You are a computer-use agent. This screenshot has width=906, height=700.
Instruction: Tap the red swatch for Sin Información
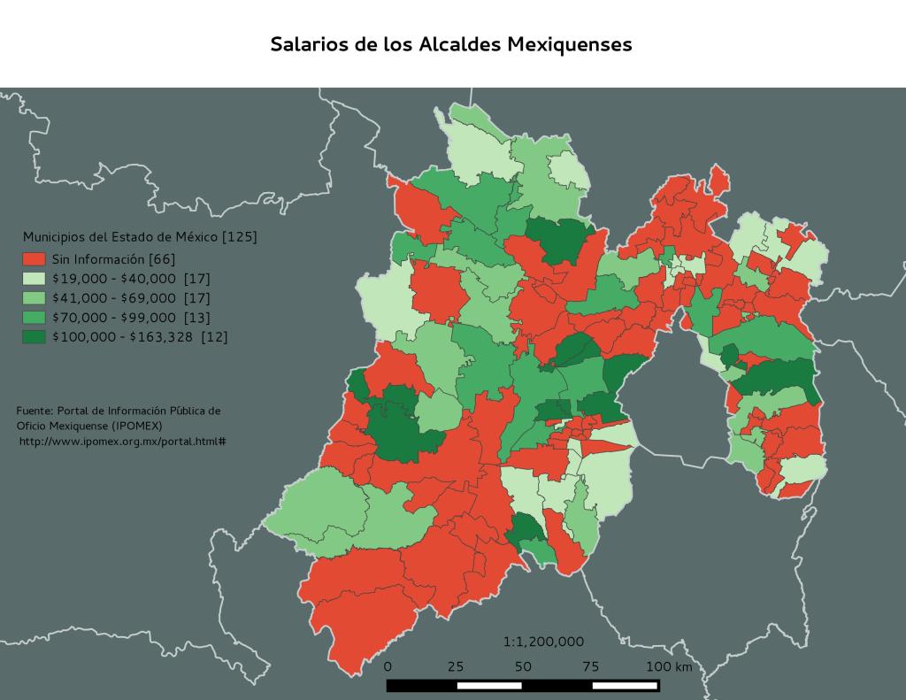(x=34, y=259)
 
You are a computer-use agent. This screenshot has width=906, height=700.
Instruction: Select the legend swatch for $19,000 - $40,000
(x=34, y=279)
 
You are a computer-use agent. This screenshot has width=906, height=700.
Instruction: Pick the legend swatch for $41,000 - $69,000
(x=34, y=298)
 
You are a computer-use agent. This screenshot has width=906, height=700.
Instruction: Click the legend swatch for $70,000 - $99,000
(x=34, y=318)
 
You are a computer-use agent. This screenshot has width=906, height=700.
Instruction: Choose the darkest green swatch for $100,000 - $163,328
(x=34, y=337)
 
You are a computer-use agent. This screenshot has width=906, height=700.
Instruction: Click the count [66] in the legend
(x=162, y=259)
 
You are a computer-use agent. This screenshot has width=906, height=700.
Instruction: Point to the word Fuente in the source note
(x=34, y=411)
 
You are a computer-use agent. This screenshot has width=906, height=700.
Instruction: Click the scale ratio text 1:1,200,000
(x=543, y=642)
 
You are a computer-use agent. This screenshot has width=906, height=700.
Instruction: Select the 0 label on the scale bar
(x=388, y=666)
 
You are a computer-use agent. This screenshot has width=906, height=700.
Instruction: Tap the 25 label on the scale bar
(x=456, y=666)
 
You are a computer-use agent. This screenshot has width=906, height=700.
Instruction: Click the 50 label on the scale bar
(x=523, y=666)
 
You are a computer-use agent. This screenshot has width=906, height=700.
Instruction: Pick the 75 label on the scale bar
(x=590, y=666)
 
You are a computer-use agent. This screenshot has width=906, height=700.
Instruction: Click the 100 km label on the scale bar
(x=668, y=666)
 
